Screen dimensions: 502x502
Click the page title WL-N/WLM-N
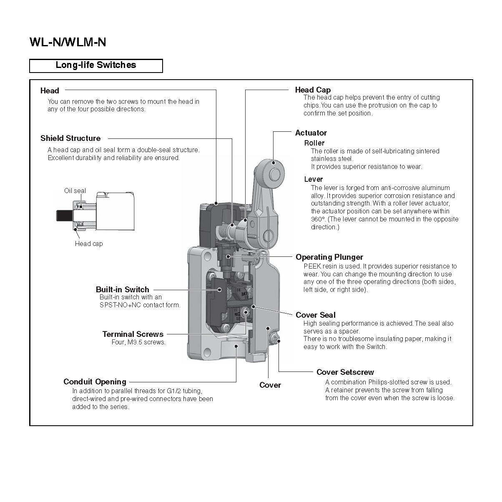pos(68,42)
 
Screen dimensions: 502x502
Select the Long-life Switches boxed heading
pos(96,65)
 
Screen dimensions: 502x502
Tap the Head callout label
pos(50,90)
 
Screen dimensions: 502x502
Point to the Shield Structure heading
pos(70,138)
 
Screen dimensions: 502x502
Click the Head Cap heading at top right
pos(313,90)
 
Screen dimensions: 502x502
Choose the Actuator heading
pos(311,133)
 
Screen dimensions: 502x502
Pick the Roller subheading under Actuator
pos(314,143)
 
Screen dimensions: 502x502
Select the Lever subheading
pos(313,179)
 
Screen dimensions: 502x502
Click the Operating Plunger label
pos(329,257)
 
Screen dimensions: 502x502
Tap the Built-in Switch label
pos(122,289)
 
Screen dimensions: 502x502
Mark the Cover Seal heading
pos(315,315)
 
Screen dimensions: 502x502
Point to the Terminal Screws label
pos(133,334)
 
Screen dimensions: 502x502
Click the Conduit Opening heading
pos(95,382)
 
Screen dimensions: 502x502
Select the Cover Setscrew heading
pos(345,372)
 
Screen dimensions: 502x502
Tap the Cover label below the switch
pos(270,385)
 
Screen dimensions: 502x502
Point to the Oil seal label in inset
pos(75,191)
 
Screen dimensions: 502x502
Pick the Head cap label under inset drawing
pos(88,243)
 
